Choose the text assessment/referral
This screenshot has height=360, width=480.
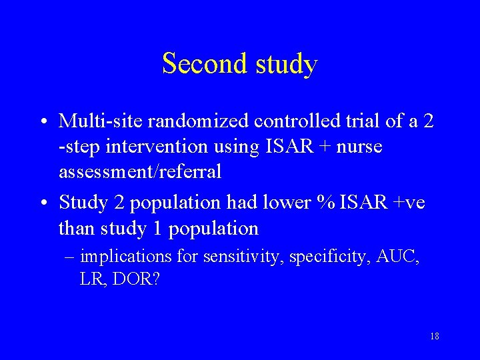(x=140, y=172)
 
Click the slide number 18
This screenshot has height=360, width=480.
(x=434, y=336)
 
